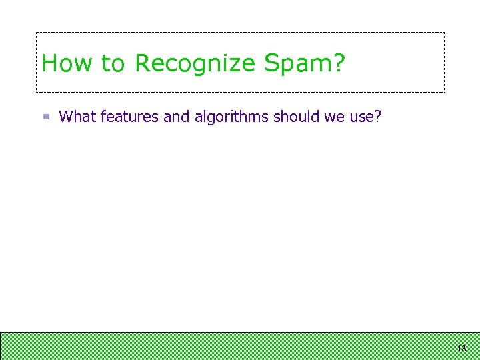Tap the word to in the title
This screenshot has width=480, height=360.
(113, 65)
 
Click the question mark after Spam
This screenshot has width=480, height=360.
(339, 64)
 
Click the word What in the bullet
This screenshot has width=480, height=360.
(77, 117)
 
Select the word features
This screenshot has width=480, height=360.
(130, 117)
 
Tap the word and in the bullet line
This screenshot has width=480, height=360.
(177, 117)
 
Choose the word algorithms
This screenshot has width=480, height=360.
(231, 117)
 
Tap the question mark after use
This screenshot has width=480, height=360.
(378, 117)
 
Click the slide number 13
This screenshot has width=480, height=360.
(461, 349)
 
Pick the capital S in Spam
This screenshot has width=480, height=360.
(272, 64)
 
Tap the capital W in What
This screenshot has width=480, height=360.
(66, 117)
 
